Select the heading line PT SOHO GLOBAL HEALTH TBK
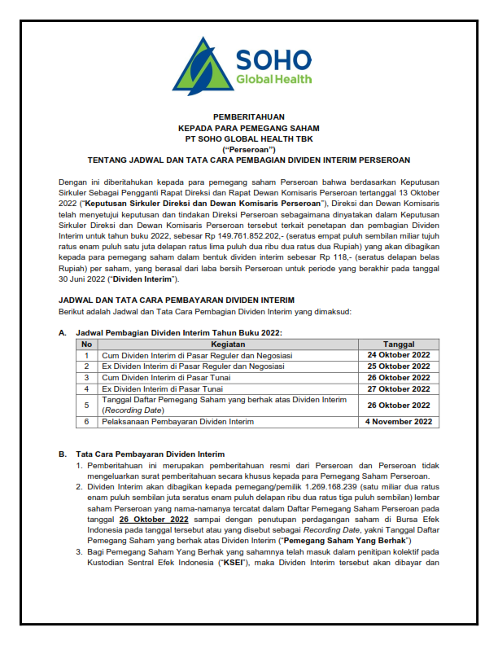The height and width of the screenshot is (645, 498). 249,139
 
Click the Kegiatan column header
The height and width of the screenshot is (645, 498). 229,344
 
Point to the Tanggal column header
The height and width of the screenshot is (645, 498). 399,344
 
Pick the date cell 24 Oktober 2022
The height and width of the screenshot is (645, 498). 399,356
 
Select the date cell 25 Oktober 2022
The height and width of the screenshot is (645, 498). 399,366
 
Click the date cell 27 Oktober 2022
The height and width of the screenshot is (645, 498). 399,388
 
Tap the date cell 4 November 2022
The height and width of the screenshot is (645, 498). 399,422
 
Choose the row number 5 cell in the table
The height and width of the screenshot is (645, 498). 86,405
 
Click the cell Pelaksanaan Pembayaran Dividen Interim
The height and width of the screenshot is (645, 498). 177,422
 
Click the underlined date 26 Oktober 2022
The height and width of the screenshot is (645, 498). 153,519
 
